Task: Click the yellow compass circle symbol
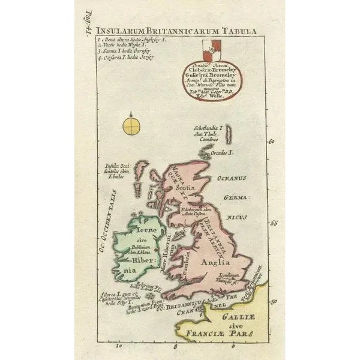tap(131, 125)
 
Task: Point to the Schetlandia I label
tap(208, 128)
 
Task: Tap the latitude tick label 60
tap(271, 142)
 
